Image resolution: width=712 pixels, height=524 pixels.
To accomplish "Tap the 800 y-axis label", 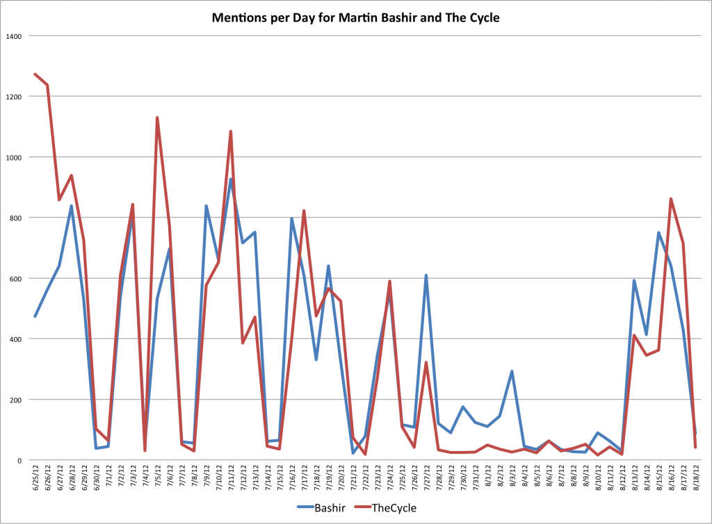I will [x=15, y=218].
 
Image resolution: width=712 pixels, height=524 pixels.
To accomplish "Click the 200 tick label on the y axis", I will [x=15, y=400].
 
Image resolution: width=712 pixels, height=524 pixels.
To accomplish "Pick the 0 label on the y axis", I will [x=20, y=460].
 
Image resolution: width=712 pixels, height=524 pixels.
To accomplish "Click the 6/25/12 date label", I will [x=35, y=480].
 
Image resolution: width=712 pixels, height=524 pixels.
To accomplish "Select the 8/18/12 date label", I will [x=695, y=480].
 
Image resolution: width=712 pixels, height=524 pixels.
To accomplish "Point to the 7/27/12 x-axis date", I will [x=426, y=480].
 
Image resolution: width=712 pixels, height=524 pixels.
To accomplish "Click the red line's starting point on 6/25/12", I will [x=35, y=74].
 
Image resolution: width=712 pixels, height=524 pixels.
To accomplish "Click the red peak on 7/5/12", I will [x=157, y=117].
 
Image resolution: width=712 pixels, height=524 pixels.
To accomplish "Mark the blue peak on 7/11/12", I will [x=230, y=179].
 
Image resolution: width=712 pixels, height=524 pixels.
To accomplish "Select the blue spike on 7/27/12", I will [x=426, y=275].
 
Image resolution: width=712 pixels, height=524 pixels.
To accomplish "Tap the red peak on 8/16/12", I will [x=671, y=199].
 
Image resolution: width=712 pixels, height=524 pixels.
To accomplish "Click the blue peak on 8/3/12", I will [x=512, y=371].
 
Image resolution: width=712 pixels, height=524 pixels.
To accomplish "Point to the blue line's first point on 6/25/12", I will [x=35, y=316].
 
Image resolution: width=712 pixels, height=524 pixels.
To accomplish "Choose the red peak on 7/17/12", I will [x=304, y=211].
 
